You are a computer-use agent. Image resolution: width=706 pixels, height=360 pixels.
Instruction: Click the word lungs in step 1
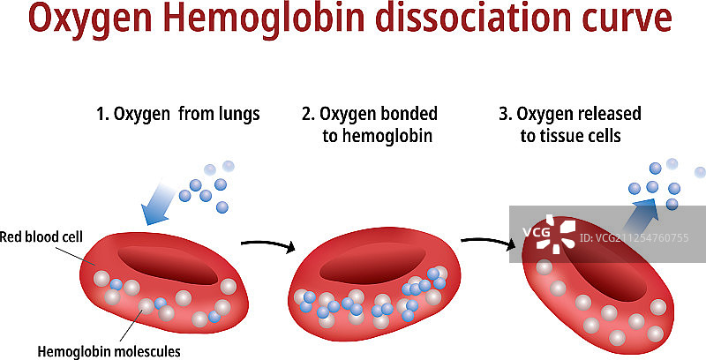[236, 115]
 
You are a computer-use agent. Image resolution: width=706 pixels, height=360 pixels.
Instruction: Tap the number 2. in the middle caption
[308, 115]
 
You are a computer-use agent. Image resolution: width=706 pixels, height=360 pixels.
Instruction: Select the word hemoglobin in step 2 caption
[390, 137]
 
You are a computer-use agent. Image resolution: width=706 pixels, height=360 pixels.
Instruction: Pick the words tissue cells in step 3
[582, 137]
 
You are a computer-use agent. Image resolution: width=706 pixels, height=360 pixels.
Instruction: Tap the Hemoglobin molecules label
[109, 350]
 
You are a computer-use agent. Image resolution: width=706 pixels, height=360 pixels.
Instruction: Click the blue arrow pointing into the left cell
[159, 203]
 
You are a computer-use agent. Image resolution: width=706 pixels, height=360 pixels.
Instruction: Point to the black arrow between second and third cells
[488, 241]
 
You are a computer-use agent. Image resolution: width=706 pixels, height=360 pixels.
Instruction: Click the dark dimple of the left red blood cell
[169, 263]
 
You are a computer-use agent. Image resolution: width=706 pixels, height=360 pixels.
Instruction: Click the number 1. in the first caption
[102, 115]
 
